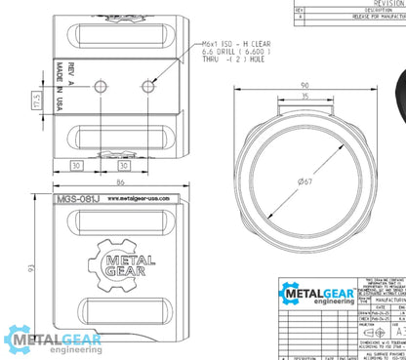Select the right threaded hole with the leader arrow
[x=146, y=87]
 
